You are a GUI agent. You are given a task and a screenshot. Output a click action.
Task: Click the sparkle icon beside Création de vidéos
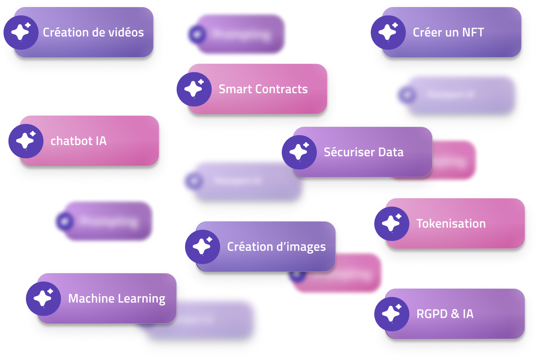coord(21,33)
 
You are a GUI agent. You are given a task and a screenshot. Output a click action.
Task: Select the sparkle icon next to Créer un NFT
coord(388,33)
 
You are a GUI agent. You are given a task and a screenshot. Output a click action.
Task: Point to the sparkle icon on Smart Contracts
coord(194,89)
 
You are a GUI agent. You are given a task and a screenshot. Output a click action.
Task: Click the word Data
coord(391,152)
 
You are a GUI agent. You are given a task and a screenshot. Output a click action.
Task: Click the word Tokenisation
coord(451,224)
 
